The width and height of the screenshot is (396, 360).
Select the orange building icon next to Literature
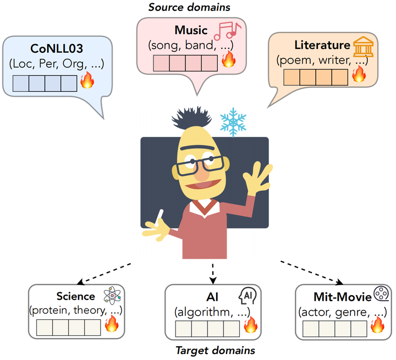(x=362, y=48)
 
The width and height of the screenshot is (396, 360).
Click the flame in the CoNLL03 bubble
(x=87, y=82)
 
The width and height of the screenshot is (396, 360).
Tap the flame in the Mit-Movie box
(x=377, y=325)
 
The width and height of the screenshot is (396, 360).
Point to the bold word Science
(x=75, y=296)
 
